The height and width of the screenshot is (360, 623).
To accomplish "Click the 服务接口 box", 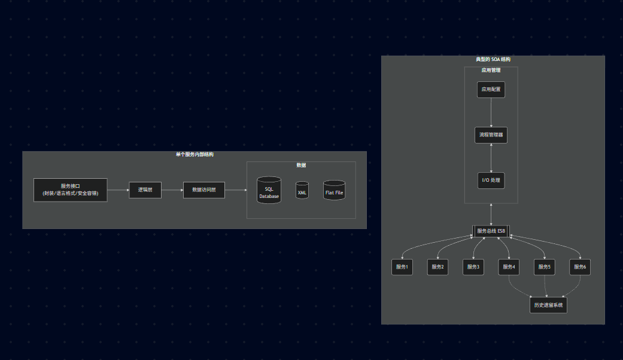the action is pyautogui.click(x=71, y=190).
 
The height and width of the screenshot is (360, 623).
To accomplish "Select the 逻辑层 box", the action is pyautogui.click(x=145, y=190).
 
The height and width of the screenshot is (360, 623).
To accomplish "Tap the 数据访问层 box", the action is pyautogui.click(x=204, y=190).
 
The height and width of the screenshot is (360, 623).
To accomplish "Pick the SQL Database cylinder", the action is pyautogui.click(x=269, y=191).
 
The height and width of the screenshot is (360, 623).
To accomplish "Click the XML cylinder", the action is pyautogui.click(x=302, y=191).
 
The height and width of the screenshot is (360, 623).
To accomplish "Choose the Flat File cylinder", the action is pyautogui.click(x=335, y=191).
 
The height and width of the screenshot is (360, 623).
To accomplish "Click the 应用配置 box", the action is pyautogui.click(x=491, y=90).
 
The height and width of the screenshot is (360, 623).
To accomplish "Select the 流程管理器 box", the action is pyautogui.click(x=491, y=135).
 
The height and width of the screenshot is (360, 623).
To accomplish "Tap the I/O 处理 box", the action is pyautogui.click(x=491, y=180).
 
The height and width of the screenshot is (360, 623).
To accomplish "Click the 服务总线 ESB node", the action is pyautogui.click(x=491, y=231).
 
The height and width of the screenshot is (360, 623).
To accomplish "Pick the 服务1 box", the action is pyautogui.click(x=402, y=267).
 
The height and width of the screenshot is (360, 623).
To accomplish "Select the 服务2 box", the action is pyautogui.click(x=438, y=267).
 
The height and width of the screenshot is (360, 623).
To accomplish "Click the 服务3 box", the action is pyautogui.click(x=473, y=267).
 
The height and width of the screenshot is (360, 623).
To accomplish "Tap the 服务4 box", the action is pyautogui.click(x=509, y=267).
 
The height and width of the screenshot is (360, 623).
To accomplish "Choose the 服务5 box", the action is pyautogui.click(x=544, y=267).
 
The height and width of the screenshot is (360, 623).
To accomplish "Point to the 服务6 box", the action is pyautogui.click(x=580, y=267).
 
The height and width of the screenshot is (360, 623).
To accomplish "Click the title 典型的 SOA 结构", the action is pyautogui.click(x=493, y=59).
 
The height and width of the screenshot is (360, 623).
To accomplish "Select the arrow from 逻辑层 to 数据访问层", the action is pyautogui.click(x=172, y=190).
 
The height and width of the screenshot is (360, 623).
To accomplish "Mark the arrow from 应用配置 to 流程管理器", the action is pyautogui.click(x=491, y=112).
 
